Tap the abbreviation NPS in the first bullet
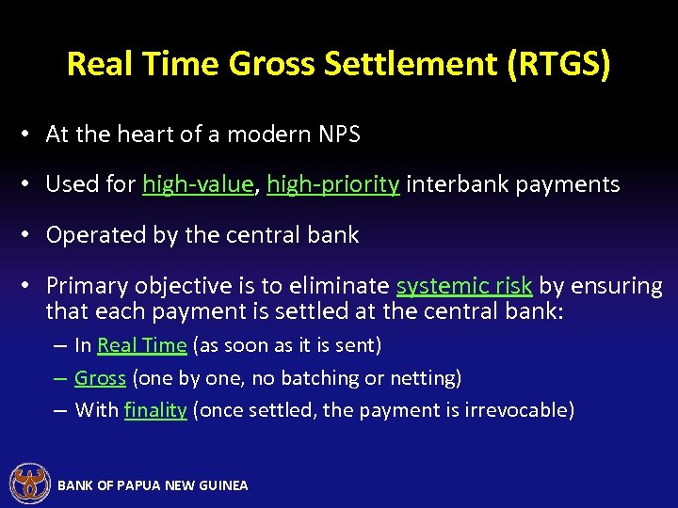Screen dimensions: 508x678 coord(340,135)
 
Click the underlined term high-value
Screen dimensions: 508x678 coord(198,184)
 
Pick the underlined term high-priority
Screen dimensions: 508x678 coord(333,184)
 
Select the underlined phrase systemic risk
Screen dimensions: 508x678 coord(464,286)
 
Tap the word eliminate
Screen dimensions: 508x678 coord(342,286)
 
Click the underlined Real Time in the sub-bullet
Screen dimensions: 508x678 coord(141,345)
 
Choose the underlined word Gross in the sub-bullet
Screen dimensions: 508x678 coord(100,378)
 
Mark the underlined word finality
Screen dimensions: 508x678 coord(155,410)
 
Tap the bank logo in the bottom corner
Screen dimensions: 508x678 coord(28,484)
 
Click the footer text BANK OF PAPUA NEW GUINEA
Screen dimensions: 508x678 coord(153,485)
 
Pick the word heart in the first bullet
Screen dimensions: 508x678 coord(146,135)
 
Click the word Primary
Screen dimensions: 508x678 coord(85,286)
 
